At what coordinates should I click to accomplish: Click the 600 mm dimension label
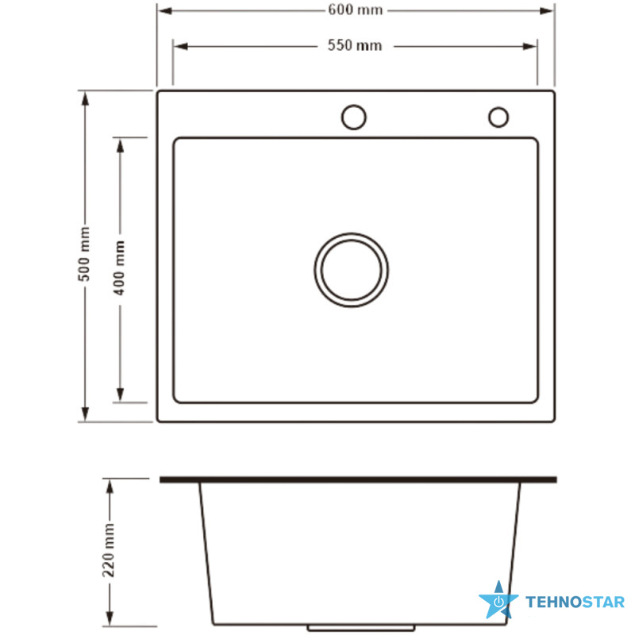[355, 10]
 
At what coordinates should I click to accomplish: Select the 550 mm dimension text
[355, 45]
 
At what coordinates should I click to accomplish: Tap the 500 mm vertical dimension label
[84, 254]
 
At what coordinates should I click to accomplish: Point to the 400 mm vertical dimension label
[120, 267]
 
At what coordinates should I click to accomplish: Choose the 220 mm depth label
[109, 550]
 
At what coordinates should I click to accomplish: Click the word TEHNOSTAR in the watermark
[575, 602]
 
